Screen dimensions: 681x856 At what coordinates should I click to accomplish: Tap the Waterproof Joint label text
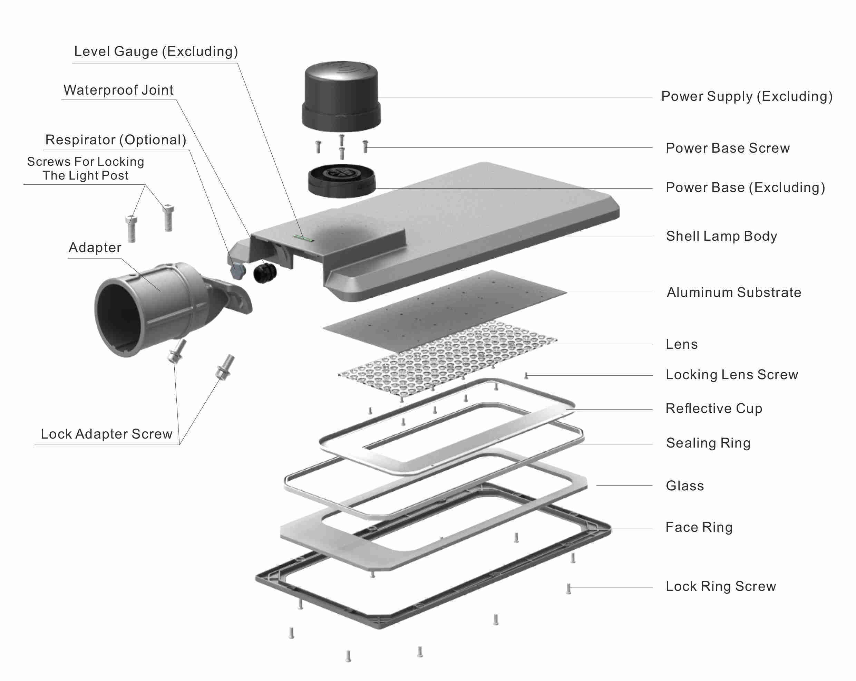[x=118, y=90]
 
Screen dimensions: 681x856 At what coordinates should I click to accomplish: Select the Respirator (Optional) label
[x=116, y=140]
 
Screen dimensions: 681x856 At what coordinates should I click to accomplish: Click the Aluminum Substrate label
[x=734, y=292]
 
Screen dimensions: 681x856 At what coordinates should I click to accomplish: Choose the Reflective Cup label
[x=714, y=409]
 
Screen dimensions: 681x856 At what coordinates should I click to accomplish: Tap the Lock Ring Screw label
[x=721, y=586]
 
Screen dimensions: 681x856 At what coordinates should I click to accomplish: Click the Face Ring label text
[x=699, y=527]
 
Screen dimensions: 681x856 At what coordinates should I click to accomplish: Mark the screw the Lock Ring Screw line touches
[x=568, y=588]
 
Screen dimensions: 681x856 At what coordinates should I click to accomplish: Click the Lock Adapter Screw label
[x=106, y=434]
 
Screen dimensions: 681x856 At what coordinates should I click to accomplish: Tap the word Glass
[x=684, y=486]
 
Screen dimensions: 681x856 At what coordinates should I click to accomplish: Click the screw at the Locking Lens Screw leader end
[x=526, y=375]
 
